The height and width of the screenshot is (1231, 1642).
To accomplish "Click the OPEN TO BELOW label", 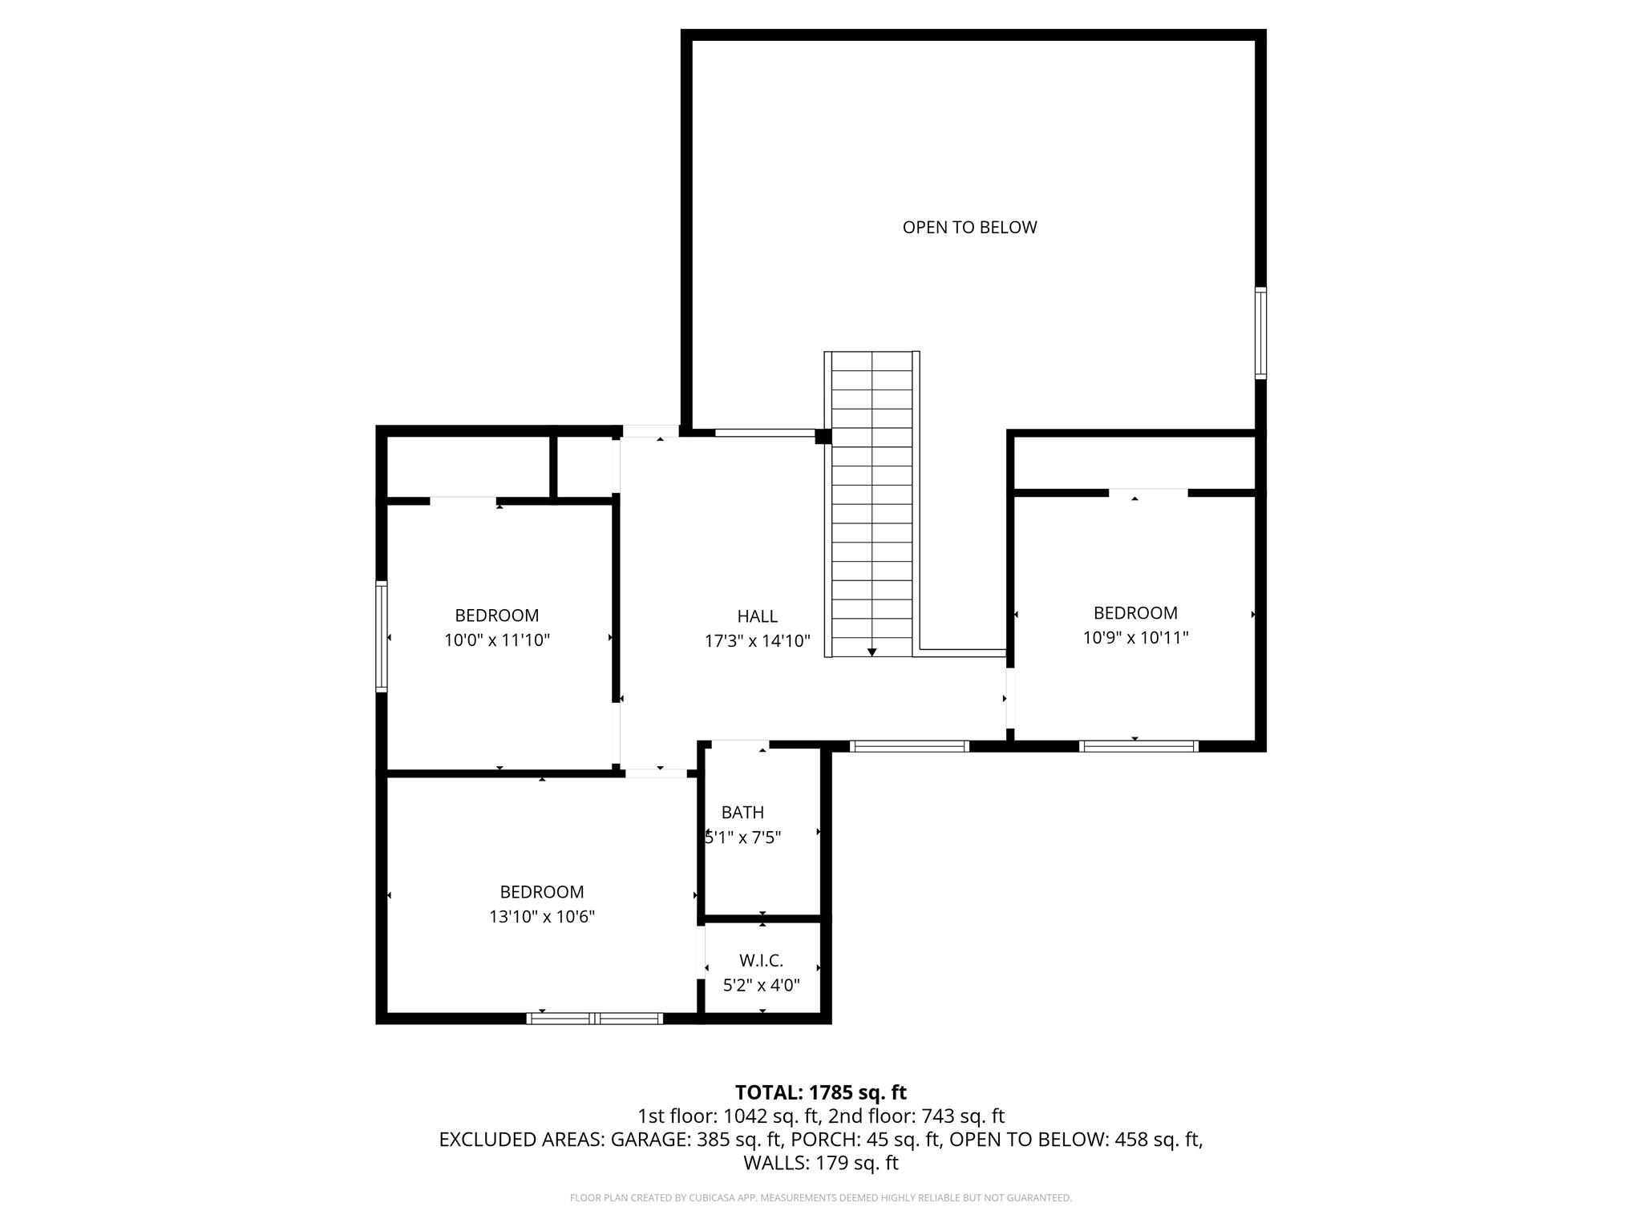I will coord(969,228).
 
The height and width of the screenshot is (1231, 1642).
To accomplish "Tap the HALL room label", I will coord(757,616).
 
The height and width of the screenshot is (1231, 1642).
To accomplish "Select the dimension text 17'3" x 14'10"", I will coord(757,641).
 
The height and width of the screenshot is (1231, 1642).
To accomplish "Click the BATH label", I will coord(742,813).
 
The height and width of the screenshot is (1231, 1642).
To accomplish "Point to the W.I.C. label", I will coord(761,960).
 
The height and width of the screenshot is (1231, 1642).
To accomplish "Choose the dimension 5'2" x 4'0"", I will coord(761,985).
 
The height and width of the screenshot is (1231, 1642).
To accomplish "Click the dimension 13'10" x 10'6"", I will coord(542,917).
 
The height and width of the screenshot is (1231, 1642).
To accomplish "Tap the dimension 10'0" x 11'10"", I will coord(497,640).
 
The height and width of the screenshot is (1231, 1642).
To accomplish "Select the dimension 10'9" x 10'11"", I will coord(1135,638).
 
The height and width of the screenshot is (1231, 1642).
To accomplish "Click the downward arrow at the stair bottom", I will coord(872,652).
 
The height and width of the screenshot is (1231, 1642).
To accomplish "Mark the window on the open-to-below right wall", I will coord(1260,333).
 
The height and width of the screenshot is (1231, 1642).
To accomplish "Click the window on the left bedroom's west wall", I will coord(382,636).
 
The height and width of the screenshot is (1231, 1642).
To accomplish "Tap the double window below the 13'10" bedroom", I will coord(594,1019).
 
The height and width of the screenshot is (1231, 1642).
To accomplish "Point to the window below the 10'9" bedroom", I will coord(1138,746).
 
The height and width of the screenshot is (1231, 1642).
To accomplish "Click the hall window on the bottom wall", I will coord(909,746).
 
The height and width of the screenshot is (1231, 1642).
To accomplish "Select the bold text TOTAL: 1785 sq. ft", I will coord(820,1092).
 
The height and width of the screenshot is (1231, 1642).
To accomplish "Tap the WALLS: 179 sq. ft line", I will coord(820,1163).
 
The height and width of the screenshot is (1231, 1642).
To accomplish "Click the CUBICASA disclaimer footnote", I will coord(820,1198).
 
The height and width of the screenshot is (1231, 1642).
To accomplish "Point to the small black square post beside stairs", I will coord(823,437).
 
